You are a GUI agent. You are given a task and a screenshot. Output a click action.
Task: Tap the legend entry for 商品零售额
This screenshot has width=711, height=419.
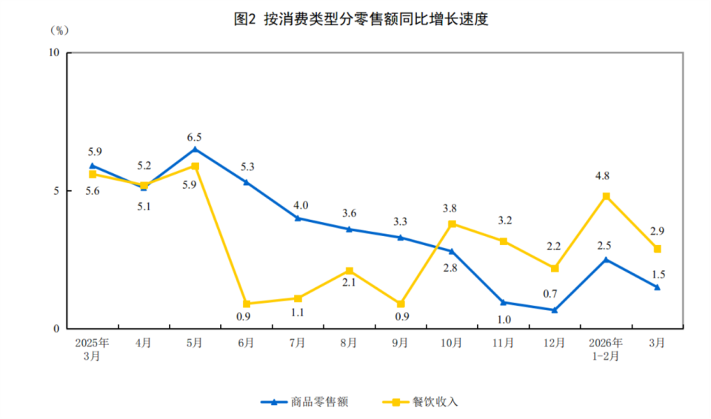[304, 402]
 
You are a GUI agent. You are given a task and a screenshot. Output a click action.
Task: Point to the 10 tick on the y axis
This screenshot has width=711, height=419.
[54, 53]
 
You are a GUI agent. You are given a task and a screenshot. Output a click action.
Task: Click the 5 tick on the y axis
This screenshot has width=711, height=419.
[57, 191]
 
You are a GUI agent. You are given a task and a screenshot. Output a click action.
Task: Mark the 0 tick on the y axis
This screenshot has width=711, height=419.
[57, 329]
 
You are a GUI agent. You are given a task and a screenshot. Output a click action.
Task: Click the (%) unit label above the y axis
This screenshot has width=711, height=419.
[59, 30]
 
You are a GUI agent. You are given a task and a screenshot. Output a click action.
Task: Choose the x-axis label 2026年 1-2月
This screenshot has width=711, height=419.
[606, 349]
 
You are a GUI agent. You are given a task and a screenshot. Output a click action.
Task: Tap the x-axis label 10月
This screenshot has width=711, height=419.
[452, 343]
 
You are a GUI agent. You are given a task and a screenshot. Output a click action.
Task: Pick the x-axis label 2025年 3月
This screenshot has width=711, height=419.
[93, 349]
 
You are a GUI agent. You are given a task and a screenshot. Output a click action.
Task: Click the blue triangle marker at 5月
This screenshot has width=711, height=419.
[195, 149]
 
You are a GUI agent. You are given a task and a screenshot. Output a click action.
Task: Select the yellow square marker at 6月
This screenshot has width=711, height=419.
[247, 304]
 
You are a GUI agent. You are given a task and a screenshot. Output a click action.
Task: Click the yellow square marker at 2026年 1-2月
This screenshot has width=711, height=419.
[606, 196]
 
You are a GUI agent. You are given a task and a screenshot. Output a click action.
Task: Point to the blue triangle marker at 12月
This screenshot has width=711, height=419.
[555, 309]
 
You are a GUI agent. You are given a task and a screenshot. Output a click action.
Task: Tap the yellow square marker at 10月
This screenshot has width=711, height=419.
[452, 224]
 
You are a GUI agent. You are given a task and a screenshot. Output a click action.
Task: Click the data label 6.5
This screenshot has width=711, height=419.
[195, 137]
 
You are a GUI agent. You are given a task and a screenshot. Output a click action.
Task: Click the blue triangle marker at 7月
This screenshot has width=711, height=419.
[298, 218]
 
